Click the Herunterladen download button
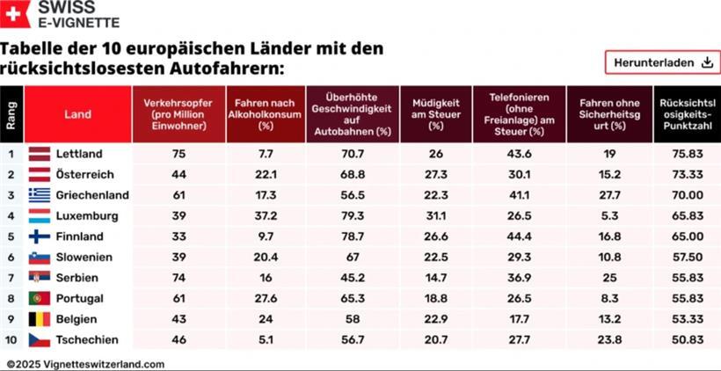click(x=661, y=62)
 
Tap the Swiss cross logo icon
click(x=14, y=13)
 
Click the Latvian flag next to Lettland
click(x=40, y=153)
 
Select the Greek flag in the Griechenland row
click(x=40, y=194)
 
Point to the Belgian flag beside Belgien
click(x=40, y=318)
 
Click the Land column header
click(x=77, y=114)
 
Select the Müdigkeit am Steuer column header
click(x=435, y=114)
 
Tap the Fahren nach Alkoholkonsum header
click(x=265, y=114)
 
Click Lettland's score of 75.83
click(x=686, y=153)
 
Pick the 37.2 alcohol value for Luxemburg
click(x=265, y=215)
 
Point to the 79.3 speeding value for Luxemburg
click(x=352, y=215)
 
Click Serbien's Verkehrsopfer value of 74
click(x=178, y=277)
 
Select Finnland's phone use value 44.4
click(x=519, y=236)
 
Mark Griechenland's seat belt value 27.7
click(x=608, y=194)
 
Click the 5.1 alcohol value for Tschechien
click(x=265, y=339)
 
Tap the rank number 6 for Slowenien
click(x=11, y=257)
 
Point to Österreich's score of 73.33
click(x=686, y=174)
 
